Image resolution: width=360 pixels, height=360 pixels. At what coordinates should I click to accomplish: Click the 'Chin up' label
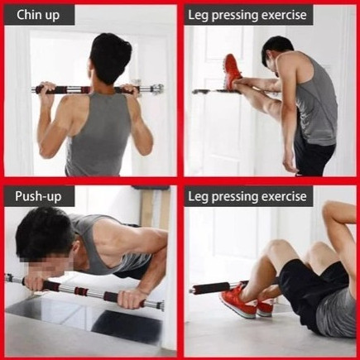click(x=38, y=15)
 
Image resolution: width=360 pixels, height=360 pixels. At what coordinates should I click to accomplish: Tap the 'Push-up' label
click(x=38, y=196)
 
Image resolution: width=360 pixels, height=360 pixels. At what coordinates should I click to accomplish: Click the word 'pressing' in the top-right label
click(x=235, y=16)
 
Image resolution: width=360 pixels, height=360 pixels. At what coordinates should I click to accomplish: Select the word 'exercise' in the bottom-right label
click(x=284, y=196)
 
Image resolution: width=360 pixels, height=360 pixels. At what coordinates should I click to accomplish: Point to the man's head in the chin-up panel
click(x=110, y=58)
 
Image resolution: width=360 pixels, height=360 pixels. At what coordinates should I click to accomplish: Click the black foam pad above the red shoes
click(x=210, y=288)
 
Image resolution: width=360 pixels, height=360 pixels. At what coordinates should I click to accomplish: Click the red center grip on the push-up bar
click(x=80, y=291)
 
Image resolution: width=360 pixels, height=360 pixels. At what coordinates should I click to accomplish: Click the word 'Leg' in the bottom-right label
click(x=198, y=197)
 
